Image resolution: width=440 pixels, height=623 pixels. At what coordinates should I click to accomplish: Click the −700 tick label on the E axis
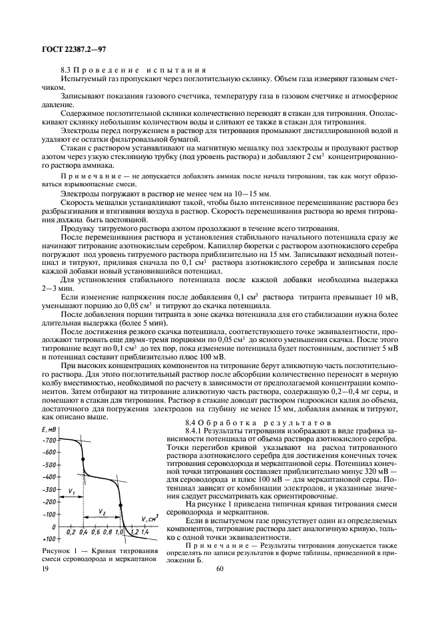click(x=49, y=440)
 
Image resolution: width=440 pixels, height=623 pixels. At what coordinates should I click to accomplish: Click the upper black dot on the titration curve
click(x=83, y=459)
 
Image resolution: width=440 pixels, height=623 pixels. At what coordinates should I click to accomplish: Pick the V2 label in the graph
click(x=102, y=513)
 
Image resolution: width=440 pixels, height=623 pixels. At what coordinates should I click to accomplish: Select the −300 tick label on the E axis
click(x=49, y=489)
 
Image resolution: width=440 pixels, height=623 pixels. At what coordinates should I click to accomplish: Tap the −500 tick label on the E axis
click(x=49, y=465)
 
